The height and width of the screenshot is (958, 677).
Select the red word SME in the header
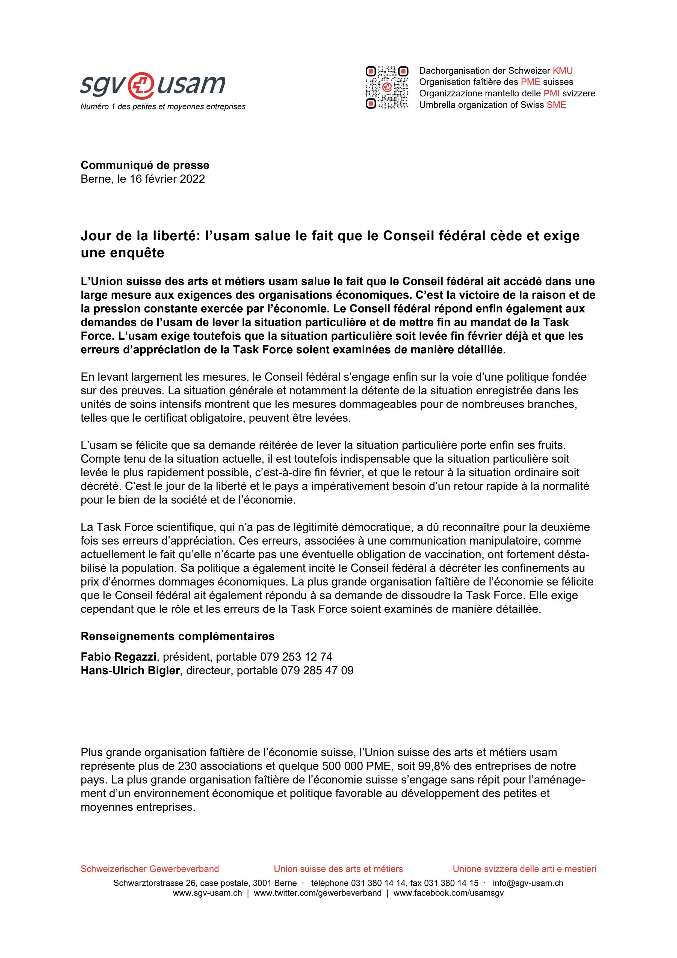[557, 105]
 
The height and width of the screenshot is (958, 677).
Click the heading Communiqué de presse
[145, 165]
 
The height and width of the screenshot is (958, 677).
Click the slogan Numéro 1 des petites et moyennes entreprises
[163, 107]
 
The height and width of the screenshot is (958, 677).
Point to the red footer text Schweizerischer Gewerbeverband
[149, 869]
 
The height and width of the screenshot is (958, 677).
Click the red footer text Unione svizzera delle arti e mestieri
[524, 869]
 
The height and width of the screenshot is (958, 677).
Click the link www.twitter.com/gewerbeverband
[317, 893]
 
